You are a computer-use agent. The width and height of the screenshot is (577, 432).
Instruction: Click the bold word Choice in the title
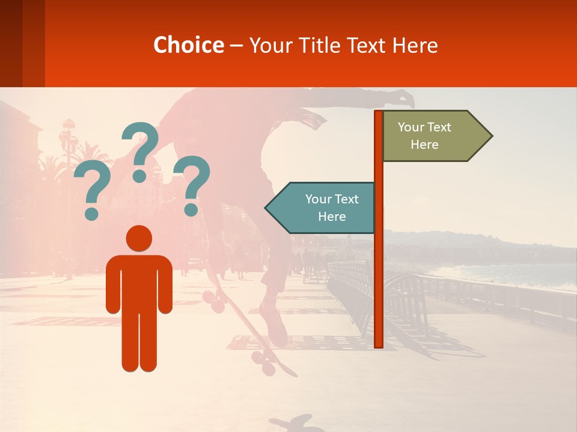tap(188, 45)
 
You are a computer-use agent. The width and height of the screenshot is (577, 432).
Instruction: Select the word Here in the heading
tap(415, 46)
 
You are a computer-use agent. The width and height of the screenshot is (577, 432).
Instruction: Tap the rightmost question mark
tap(192, 185)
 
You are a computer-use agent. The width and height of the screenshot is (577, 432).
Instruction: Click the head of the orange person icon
tap(139, 239)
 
